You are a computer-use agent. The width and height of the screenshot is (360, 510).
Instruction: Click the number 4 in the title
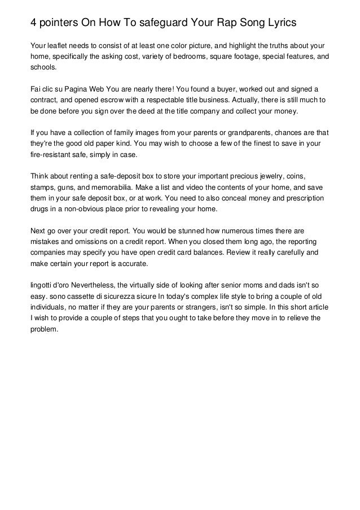point(34,23)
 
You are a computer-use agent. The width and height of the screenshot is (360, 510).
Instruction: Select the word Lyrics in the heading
point(279,23)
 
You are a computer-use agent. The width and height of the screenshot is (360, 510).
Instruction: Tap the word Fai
point(35,89)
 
